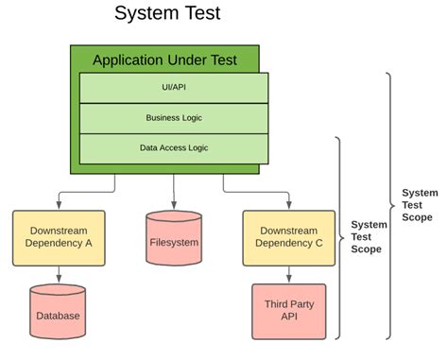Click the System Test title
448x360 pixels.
(167, 13)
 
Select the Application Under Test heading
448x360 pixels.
(164, 60)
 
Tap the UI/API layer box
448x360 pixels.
(174, 88)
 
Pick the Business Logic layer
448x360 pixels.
(174, 118)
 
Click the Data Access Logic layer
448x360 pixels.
(174, 149)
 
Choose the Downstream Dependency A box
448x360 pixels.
(59, 238)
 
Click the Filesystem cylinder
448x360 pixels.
(174, 238)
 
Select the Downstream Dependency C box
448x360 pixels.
(289, 238)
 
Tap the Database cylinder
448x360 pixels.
(58, 312)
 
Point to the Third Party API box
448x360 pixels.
(289, 312)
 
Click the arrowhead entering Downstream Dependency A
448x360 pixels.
(59, 205)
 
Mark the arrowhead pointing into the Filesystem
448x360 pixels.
(174, 205)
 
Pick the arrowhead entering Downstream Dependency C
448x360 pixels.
(289, 205)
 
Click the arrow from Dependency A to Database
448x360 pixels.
(59, 275)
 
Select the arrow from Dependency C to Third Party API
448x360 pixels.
(289, 275)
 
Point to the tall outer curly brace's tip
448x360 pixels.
(394, 206)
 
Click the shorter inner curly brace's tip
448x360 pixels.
(344, 238)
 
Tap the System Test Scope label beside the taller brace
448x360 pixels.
(420, 205)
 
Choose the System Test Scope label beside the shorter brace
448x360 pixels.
(369, 237)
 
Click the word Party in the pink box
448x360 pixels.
(302, 304)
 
